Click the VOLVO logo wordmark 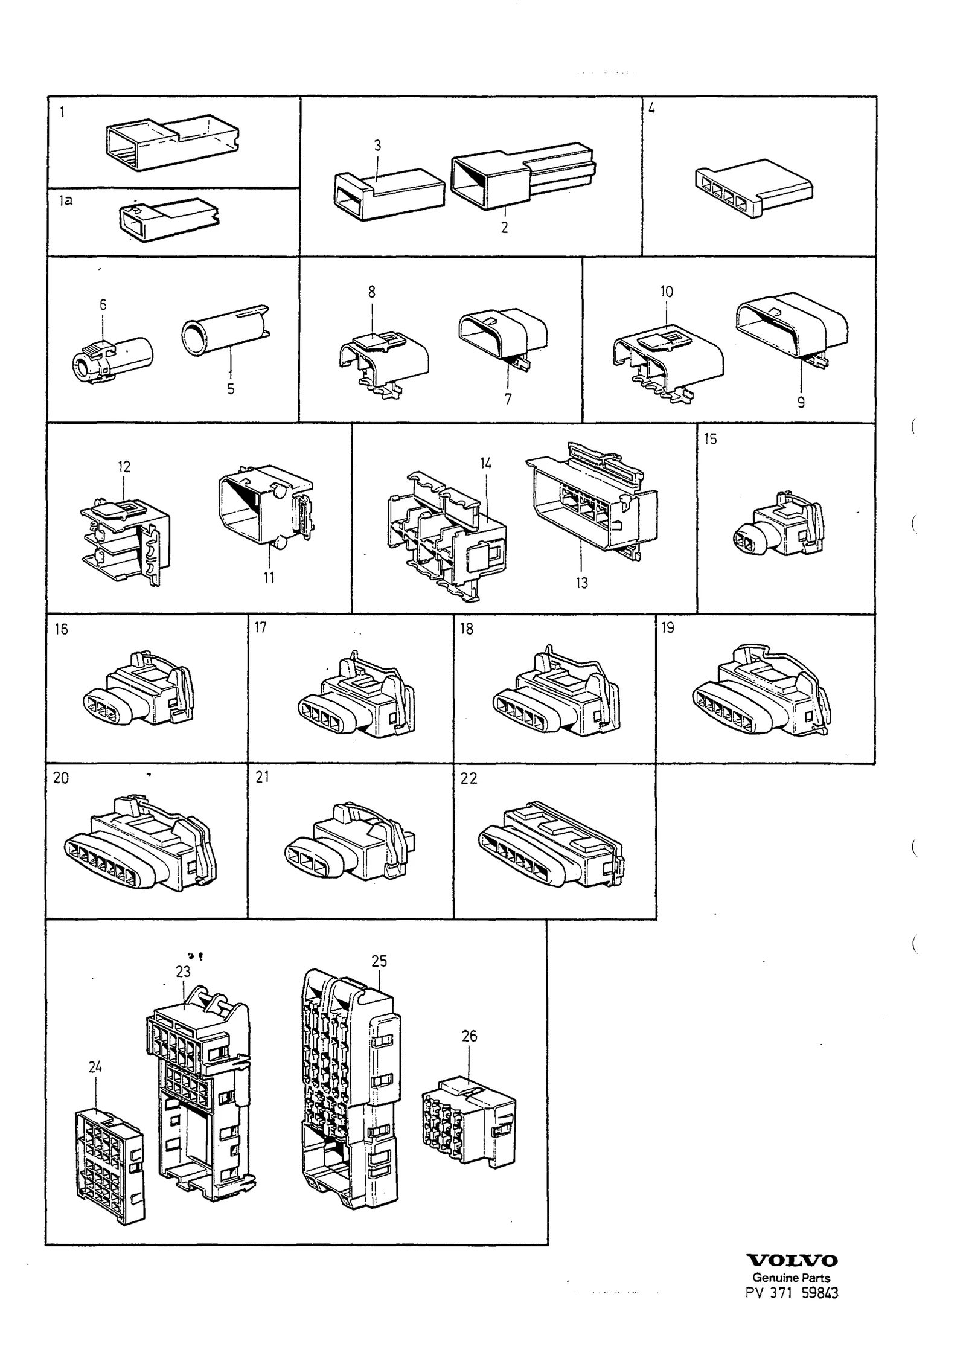pyautogui.click(x=792, y=1260)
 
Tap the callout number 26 pyautogui.click(x=469, y=1036)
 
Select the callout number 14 pyautogui.click(x=486, y=464)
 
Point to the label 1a pyautogui.click(x=66, y=200)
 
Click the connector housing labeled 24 pyautogui.click(x=110, y=1164)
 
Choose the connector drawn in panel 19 pyautogui.click(x=762, y=691)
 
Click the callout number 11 pyautogui.click(x=269, y=578)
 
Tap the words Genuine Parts pyautogui.click(x=792, y=1277)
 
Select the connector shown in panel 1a pyautogui.click(x=170, y=220)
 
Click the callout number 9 pyautogui.click(x=801, y=402)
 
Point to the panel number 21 pyautogui.click(x=262, y=777)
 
